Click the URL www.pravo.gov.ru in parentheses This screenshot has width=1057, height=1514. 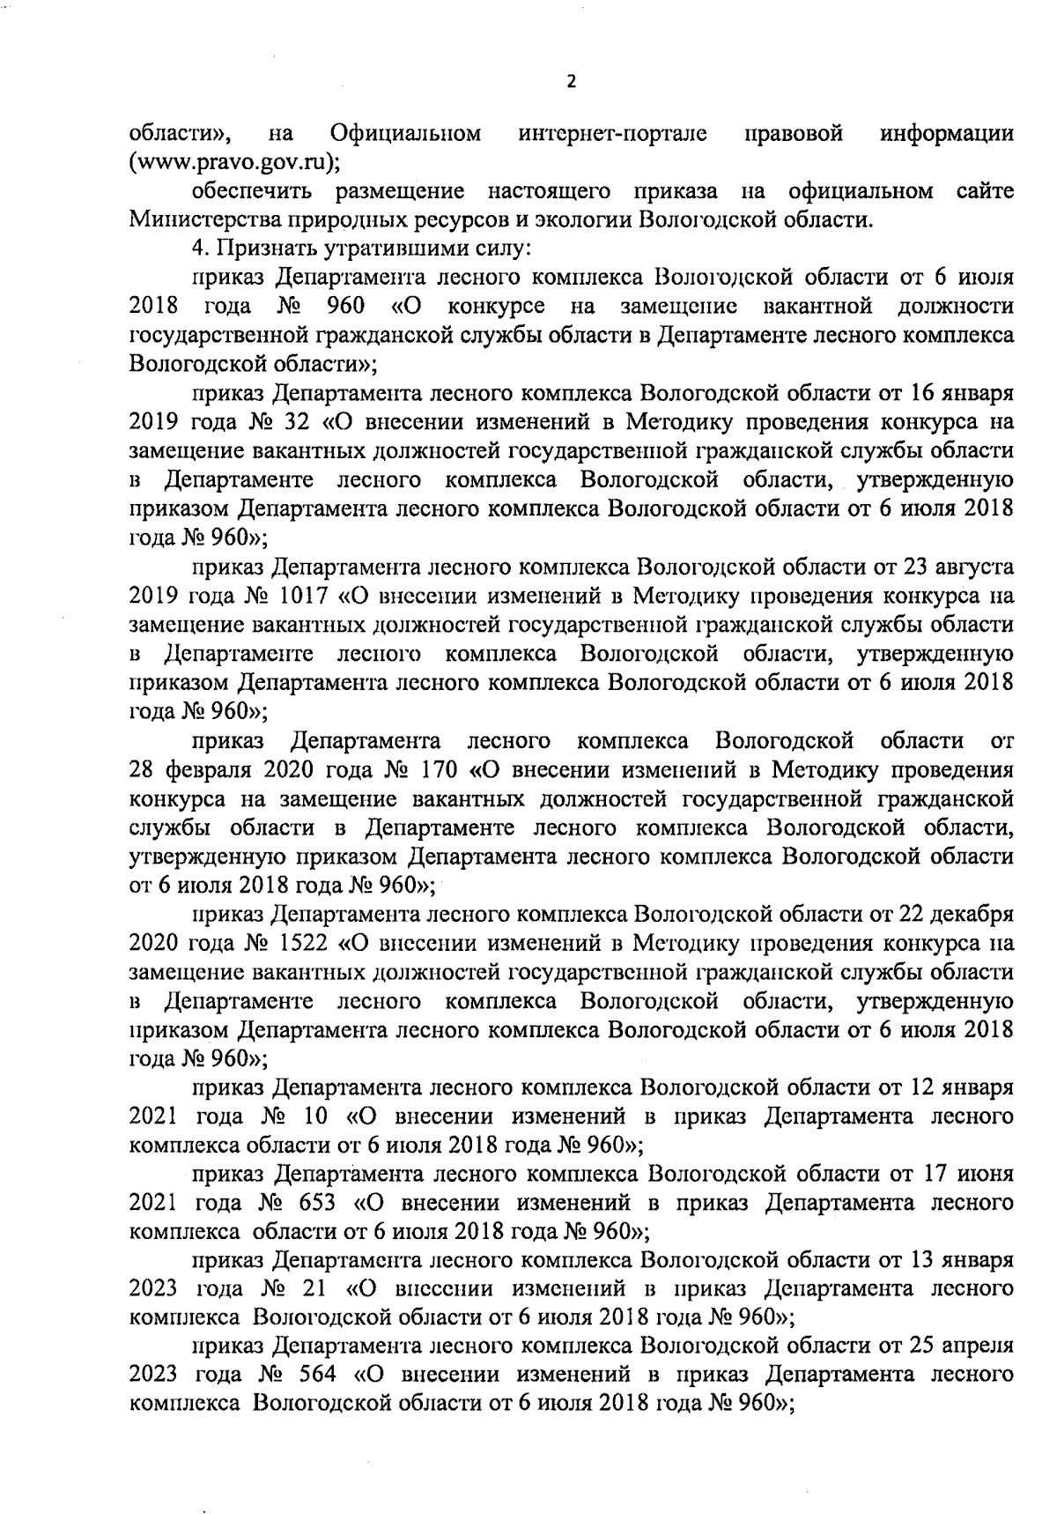[x=234, y=162]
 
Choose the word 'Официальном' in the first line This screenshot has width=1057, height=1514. [x=406, y=134]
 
